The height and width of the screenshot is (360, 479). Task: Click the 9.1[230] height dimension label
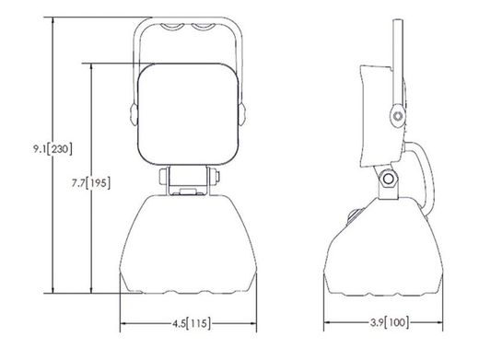pyautogui.click(x=53, y=149)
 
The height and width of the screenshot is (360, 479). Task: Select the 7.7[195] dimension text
pyautogui.click(x=91, y=183)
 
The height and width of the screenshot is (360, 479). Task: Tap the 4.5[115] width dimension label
pyautogui.click(x=192, y=323)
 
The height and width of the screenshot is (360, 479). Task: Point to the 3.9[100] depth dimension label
pyautogui.click(x=390, y=322)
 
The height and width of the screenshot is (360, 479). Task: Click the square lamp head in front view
pyautogui.click(x=189, y=114)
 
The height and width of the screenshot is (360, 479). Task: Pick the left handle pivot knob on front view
pyautogui.click(x=134, y=114)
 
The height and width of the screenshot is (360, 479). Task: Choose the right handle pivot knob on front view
pyautogui.click(x=242, y=114)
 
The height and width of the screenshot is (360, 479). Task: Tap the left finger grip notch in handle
pyautogui.click(x=173, y=27)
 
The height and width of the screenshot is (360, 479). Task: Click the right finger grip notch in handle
pyautogui.click(x=203, y=27)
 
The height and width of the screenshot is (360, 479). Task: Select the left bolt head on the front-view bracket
pyautogui.click(x=163, y=177)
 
